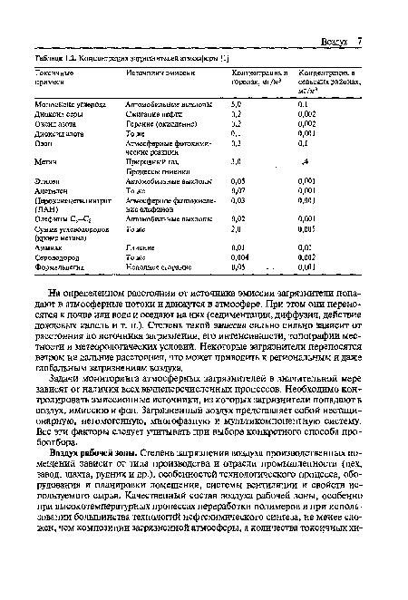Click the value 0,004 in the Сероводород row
point(239,257)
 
